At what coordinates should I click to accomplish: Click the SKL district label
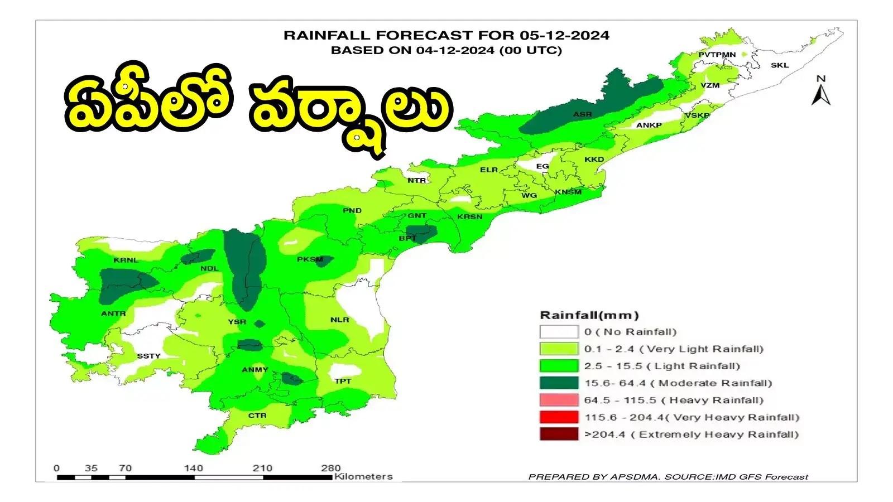(x=780, y=65)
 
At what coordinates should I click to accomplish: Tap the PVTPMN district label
(x=717, y=55)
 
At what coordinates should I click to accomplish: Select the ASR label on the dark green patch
(x=582, y=114)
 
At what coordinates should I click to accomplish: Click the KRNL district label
(x=126, y=260)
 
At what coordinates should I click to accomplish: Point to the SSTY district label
(x=148, y=356)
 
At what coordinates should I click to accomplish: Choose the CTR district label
(x=257, y=416)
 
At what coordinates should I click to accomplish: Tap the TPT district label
(x=343, y=381)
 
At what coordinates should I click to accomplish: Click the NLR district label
(x=339, y=320)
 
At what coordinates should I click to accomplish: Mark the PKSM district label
(x=310, y=259)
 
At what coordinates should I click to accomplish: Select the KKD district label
(x=594, y=160)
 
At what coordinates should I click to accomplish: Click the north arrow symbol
(x=820, y=92)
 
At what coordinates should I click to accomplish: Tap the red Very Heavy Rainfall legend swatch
(x=559, y=417)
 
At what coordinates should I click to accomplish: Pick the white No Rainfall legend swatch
(x=559, y=332)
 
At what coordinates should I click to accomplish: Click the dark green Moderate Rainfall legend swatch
(x=559, y=383)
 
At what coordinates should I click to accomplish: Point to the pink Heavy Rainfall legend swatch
(x=559, y=400)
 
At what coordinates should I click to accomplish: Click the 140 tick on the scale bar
(x=194, y=469)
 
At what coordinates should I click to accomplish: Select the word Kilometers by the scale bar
(x=363, y=476)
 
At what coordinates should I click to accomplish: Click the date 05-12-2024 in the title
(x=564, y=35)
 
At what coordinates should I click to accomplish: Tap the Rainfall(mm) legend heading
(x=589, y=315)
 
